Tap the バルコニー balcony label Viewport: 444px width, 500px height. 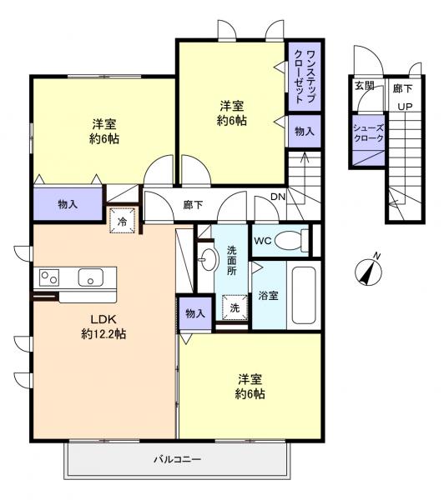177,458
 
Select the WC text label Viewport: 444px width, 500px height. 263,242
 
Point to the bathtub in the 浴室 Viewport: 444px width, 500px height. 304,296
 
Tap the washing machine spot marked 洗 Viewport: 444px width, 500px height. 235,307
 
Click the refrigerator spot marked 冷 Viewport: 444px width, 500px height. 122,222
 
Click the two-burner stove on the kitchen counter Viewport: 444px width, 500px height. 48,277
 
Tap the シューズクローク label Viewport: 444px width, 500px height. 368,132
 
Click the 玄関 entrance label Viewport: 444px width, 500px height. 364,86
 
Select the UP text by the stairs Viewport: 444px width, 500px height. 404,106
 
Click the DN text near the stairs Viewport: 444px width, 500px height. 278,197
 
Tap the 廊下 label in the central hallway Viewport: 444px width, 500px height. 193,203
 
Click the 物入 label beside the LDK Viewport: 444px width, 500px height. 194,313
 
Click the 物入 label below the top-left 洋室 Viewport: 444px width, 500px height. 68,203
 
